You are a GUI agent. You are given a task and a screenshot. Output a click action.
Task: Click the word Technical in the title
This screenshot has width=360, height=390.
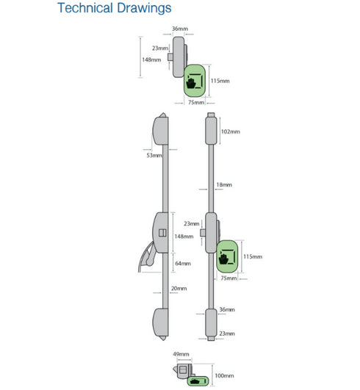pyautogui.click(x=85, y=7)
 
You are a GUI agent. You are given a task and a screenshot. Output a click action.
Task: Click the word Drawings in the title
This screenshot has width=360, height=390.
pyautogui.click(x=144, y=9)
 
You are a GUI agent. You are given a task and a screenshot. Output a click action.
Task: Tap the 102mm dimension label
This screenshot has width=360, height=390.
pyautogui.click(x=231, y=131)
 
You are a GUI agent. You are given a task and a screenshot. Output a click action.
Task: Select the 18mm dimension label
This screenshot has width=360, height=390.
pyautogui.click(x=224, y=185)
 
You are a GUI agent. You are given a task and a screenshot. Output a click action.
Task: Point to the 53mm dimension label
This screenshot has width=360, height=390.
pyautogui.click(x=154, y=156)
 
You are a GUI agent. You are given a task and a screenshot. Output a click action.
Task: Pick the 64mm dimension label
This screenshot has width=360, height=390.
pyautogui.click(x=183, y=264)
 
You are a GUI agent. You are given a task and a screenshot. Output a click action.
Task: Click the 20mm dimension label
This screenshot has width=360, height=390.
pyautogui.click(x=179, y=289)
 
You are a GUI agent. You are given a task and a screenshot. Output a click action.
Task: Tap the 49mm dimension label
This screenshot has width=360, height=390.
pyautogui.click(x=181, y=354)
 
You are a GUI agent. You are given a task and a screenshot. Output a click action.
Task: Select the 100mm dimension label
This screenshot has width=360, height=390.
pyautogui.click(x=224, y=375)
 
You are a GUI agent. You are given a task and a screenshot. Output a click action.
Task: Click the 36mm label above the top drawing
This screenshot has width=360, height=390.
pyautogui.click(x=180, y=29)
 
